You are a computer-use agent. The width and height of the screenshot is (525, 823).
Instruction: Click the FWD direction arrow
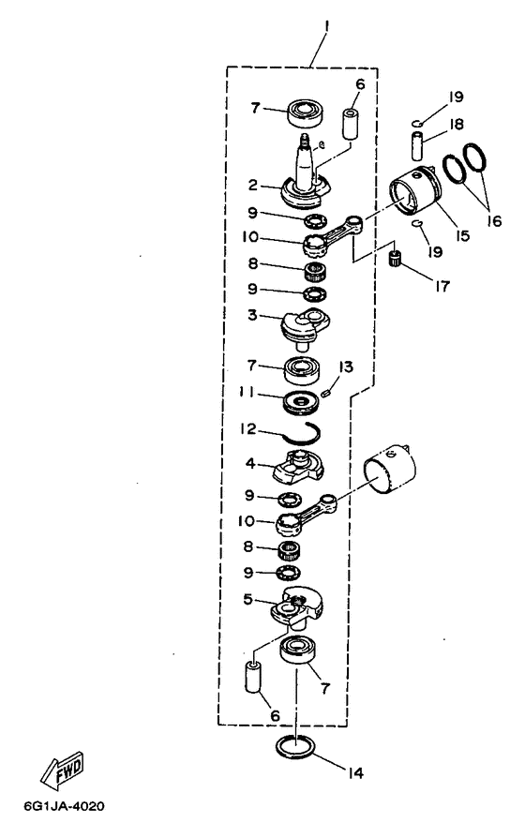[x=63, y=770]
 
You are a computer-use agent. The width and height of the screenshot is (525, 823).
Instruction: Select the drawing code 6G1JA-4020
[x=64, y=806]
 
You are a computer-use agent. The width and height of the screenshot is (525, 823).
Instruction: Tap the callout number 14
[x=355, y=773]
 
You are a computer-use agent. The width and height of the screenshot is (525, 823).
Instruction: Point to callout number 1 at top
[x=325, y=24]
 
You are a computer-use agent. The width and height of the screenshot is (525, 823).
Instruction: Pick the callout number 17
[x=442, y=286]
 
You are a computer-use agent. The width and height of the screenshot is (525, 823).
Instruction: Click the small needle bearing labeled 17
[x=395, y=259]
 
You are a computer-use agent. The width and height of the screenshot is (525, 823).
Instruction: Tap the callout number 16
[x=493, y=221]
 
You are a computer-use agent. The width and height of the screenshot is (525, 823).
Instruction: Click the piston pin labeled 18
[x=417, y=146]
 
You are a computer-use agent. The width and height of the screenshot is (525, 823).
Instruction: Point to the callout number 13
[x=346, y=367]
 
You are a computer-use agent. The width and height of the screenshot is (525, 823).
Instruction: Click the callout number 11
[x=247, y=392]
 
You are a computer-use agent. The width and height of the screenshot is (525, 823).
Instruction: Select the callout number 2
[x=253, y=186]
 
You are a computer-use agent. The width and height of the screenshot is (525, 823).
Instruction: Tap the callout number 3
[x=252, y=315]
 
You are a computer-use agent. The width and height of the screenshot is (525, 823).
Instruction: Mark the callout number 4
[x=250, y=463]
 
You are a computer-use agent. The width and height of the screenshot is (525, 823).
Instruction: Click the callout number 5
[x=248, y=599]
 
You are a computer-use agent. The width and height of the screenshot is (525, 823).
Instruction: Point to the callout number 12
[x=247, y=428]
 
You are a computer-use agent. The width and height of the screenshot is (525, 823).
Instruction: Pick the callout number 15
[x=462, y=235]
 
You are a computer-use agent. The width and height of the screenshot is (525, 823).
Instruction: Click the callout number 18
[x=457, y=125]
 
